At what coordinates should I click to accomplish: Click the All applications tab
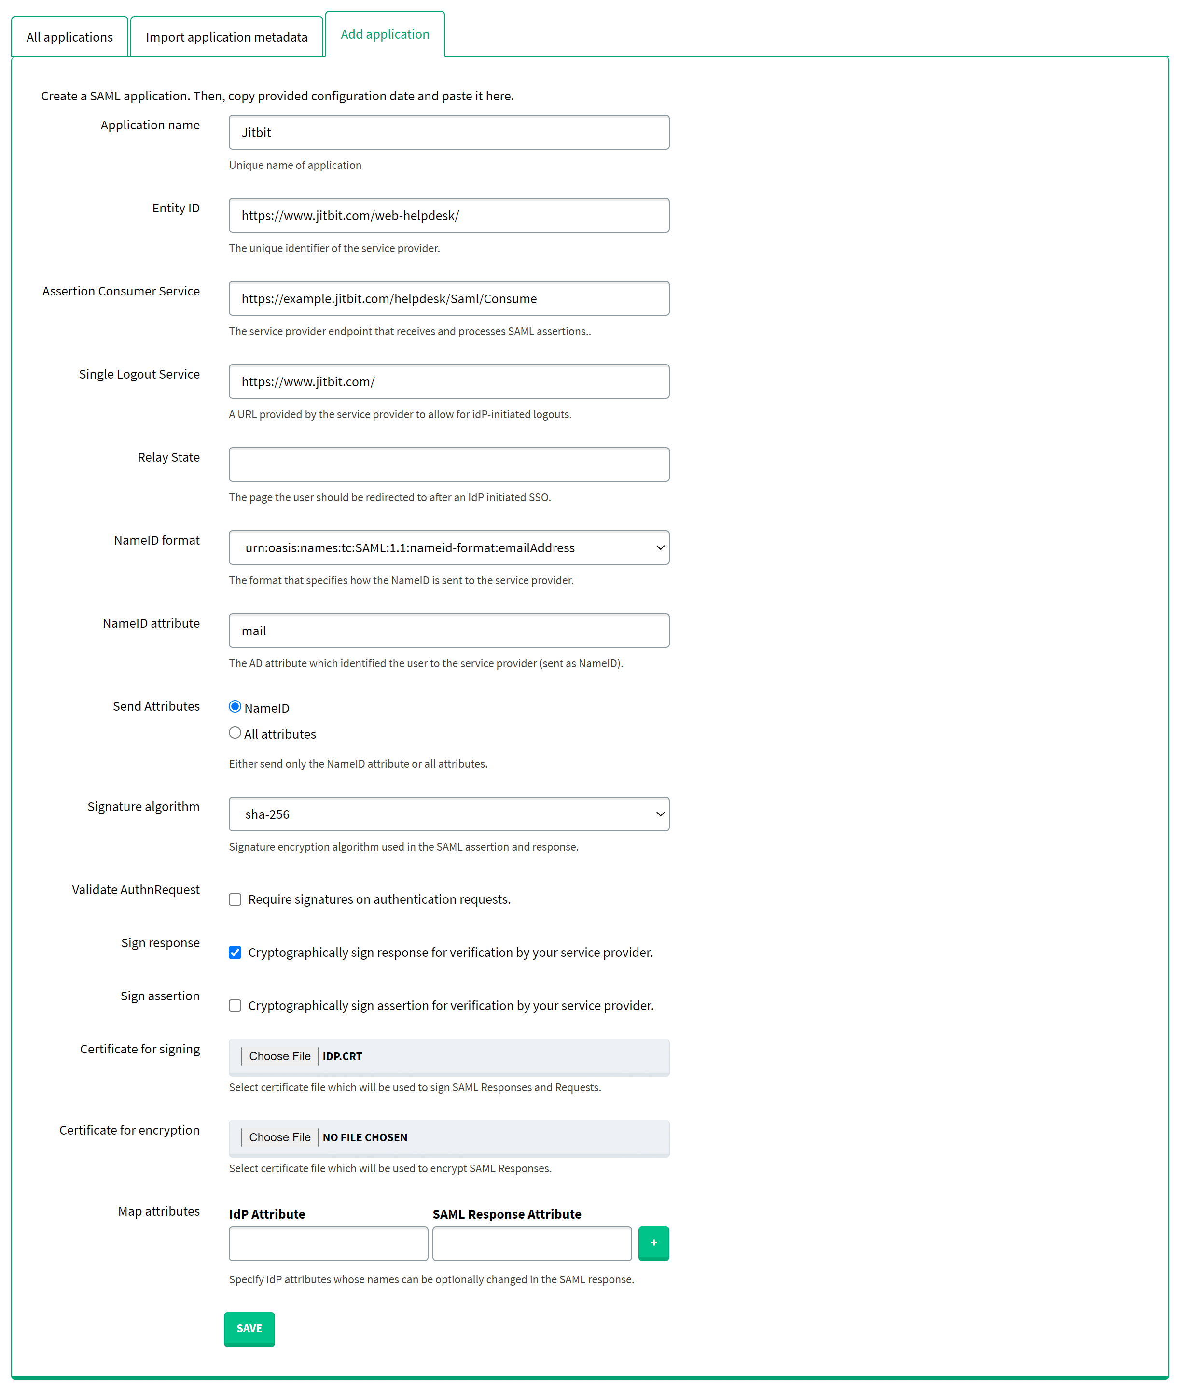(x=69, y=37)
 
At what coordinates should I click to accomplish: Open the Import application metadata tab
(x=226, y=37)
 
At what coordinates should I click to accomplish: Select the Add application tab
(x=385, y=35)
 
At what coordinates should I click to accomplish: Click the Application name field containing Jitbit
(x=449, y=132)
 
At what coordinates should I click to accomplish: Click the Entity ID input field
(x=449, y=216)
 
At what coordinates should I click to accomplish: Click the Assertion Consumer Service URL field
(x=449, y=299)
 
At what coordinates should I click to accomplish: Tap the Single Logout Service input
(x=449, y=381)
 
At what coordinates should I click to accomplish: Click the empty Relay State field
(x=449, y=464)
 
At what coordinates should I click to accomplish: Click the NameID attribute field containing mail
(x=449, y=631)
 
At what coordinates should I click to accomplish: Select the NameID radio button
(x=235, y=707)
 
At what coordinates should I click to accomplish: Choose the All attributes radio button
(x=235, y=733)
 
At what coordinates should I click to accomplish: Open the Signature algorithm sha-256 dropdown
(x=449, y=814)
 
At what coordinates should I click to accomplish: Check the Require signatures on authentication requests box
(x=235, y=900)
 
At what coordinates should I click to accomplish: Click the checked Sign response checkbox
(x=235, y=953)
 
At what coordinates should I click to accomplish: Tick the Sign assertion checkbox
(x=235, y=1006)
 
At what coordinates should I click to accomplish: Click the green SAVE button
(x=249, y=1329)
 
